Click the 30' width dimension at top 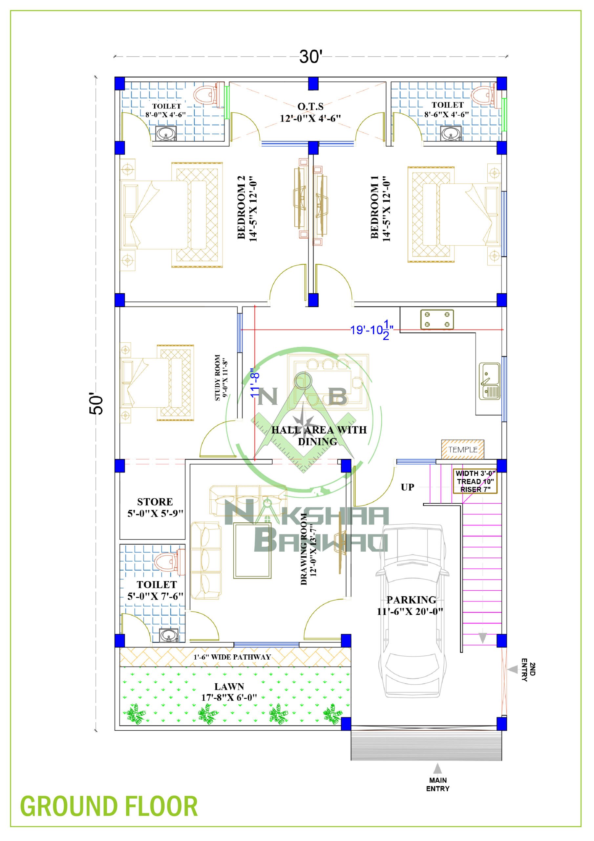pos(311,57)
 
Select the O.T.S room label pos(310,112)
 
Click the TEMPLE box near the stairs pos(463,449)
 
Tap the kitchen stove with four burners pos(437,319)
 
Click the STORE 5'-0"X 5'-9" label pos(155,507)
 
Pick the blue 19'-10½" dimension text pos(371,330)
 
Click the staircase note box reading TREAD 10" pos(475,481)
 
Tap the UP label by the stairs pos(407,487)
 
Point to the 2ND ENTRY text pos(528,671)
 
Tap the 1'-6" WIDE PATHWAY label pos(232,657)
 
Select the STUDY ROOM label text pos(221,378)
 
